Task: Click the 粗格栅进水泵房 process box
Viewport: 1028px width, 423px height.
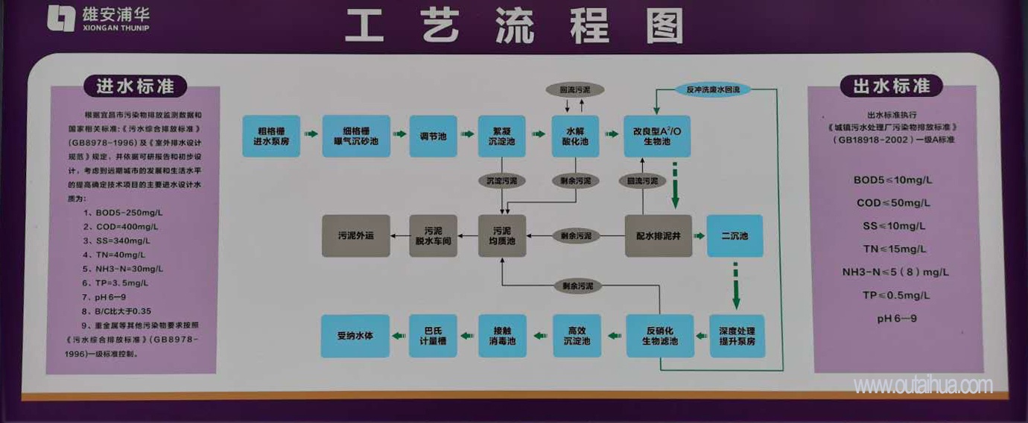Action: pos(272,136)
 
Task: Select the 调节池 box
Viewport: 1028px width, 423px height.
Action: pos(433,136)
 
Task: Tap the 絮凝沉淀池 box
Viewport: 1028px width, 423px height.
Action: pos(502,136)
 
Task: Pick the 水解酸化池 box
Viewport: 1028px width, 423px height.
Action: pos(576,136)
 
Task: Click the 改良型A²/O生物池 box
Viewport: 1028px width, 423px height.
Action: pos(656,136)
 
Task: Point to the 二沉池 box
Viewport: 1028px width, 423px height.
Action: pos(734,236)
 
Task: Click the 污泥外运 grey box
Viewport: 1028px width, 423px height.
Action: pos(355,236)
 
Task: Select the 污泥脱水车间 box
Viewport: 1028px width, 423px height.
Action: pos(433,236)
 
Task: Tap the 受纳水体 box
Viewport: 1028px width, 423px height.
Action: pos(355,336)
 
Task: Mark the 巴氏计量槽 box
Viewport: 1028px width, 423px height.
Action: pos(433,336)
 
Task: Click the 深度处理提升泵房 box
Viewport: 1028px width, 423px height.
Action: pos(736,336)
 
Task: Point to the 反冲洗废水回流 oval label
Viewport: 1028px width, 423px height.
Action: pos(713,90)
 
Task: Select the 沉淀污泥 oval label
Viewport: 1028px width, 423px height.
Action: pos(501,181)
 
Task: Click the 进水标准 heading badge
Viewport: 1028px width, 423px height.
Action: pos(135,86)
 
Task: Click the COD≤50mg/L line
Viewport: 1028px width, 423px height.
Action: pos(893,203)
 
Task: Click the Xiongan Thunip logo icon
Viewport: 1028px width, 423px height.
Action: pos(60,19)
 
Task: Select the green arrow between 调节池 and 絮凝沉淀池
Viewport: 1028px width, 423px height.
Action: pos(469,135)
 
